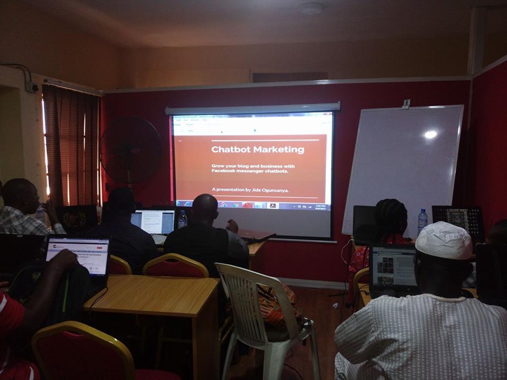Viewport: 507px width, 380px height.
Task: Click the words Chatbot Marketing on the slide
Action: click(258, 149)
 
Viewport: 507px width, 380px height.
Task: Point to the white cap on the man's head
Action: click(444, 241)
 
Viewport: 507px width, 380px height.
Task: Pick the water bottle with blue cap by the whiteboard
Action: click(422, 221)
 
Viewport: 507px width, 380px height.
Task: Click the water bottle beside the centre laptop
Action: click(182, 219)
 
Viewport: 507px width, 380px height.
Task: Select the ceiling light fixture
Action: click(312, 8)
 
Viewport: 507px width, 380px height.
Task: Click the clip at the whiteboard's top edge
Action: click(406, 104)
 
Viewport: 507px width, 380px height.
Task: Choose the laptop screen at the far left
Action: click(78, 256)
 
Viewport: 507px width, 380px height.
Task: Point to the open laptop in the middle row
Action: click(153, 222)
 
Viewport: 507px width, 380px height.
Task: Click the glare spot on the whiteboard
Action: click(430, 134)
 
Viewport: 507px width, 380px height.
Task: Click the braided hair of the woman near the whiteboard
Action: click(391, 216)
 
